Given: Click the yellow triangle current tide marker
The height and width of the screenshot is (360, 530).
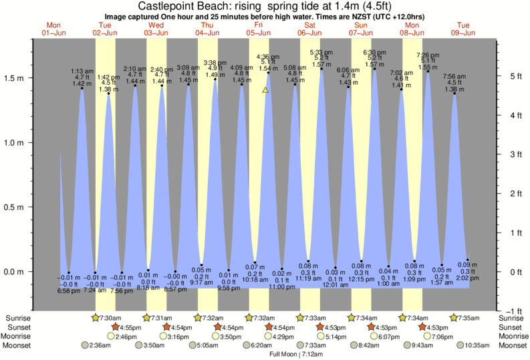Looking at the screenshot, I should pos(265,89).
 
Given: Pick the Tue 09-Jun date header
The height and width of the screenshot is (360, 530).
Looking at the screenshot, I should pos(462,29).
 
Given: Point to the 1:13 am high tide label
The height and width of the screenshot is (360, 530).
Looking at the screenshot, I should pos(82,71).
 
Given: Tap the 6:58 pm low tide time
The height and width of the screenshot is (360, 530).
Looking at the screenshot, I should pos(69,291).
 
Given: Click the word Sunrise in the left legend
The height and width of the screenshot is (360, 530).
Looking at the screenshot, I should pos(18,318).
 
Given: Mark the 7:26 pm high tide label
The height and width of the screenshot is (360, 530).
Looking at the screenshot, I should pos(428,55).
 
